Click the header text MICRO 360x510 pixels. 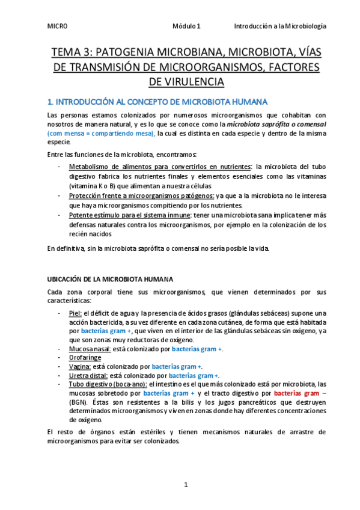pyautogui.click(x=58, y=26)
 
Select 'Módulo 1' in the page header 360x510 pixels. pyautogui.click(x=187, y=26)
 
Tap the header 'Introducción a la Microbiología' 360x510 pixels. pyautogui.click(x=280, y=26)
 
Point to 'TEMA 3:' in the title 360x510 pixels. pyautogui.click(x=72, y=51)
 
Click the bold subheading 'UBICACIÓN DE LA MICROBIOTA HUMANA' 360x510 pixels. pyautogui.click(x=111, y=280)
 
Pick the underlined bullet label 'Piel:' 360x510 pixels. pyautogui.click(x=76, y=313)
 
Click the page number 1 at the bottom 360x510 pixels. pyautogui.click(x=186, y=484)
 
